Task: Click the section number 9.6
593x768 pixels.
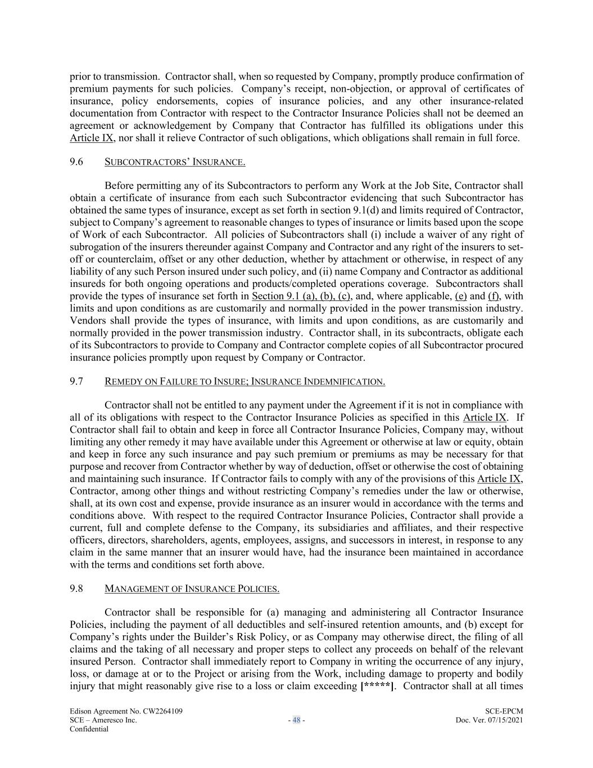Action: click(76, 163)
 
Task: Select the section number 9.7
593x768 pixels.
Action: click(76, 382)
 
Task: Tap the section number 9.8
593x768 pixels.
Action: click(76, 589)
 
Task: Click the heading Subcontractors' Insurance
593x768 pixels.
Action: click(175, 163)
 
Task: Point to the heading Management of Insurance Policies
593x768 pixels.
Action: click(192, 589)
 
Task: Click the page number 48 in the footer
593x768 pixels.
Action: click(296, 720)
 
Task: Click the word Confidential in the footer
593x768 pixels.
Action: click(89, 729)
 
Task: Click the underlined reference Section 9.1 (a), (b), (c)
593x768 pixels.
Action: click(301, 296)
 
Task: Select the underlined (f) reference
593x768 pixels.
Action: click(495, 296)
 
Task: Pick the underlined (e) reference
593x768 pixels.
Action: click(460, 296)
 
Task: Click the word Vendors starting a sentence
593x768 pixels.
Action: click(87, 321)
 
